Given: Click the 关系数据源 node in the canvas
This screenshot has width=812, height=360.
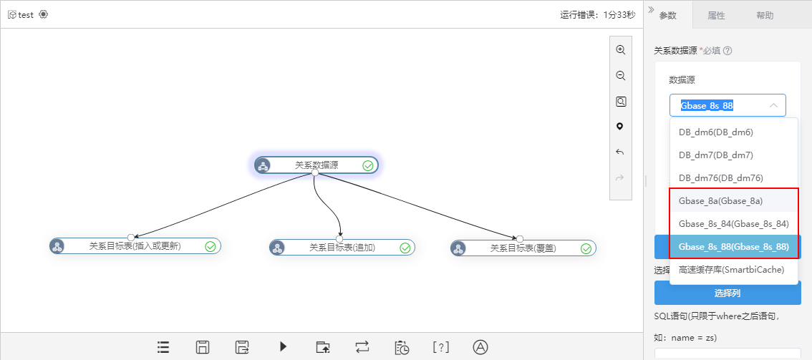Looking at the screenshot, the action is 316,165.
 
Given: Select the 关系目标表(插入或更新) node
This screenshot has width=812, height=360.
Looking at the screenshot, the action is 135,246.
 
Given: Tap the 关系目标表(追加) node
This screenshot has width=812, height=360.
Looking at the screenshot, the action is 342,247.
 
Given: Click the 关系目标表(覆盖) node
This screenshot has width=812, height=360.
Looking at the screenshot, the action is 523,248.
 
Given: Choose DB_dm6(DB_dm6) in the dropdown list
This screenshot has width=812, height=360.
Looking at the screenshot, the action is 715,132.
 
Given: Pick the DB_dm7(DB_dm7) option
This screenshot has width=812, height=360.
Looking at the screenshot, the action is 715,155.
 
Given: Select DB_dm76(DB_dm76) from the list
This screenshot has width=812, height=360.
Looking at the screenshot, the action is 721,177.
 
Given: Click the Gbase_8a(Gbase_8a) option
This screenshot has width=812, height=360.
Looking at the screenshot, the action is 720,200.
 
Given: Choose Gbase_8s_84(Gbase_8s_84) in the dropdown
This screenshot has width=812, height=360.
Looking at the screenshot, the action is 733,223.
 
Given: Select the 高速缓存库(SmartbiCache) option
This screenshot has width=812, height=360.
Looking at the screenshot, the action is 731,270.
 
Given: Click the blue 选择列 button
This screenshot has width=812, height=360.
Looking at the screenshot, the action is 728,293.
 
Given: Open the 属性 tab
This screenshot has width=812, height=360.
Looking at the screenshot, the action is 716,16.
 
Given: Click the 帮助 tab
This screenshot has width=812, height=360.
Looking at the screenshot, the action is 765,16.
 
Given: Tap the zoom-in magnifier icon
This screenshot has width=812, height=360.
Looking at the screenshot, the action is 620,50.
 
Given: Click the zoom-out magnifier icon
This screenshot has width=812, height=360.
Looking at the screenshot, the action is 620,76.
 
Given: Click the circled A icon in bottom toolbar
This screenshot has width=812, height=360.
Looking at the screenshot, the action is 480,346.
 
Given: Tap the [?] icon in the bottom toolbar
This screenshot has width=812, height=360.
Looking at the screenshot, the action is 440,347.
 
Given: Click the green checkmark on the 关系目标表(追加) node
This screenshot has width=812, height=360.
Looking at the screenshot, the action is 405,248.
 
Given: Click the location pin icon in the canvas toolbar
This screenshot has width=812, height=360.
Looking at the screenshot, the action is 620,127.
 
